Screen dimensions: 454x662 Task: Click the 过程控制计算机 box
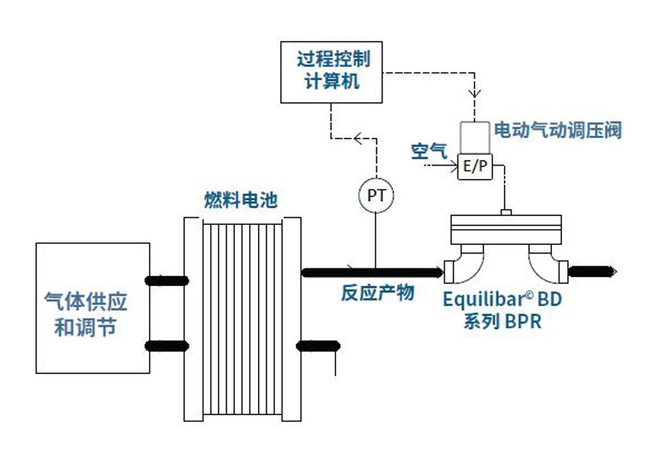click(x=333, y=71)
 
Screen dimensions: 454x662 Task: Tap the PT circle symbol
click(x=376, y=196)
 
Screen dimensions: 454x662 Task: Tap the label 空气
click(x=429, y=151)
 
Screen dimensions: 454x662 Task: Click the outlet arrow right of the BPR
click(x=592, y=270)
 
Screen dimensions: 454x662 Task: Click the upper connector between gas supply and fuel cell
click(x=166, y=280)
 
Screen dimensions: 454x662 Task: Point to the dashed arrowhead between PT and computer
click(x=359, y=138)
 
